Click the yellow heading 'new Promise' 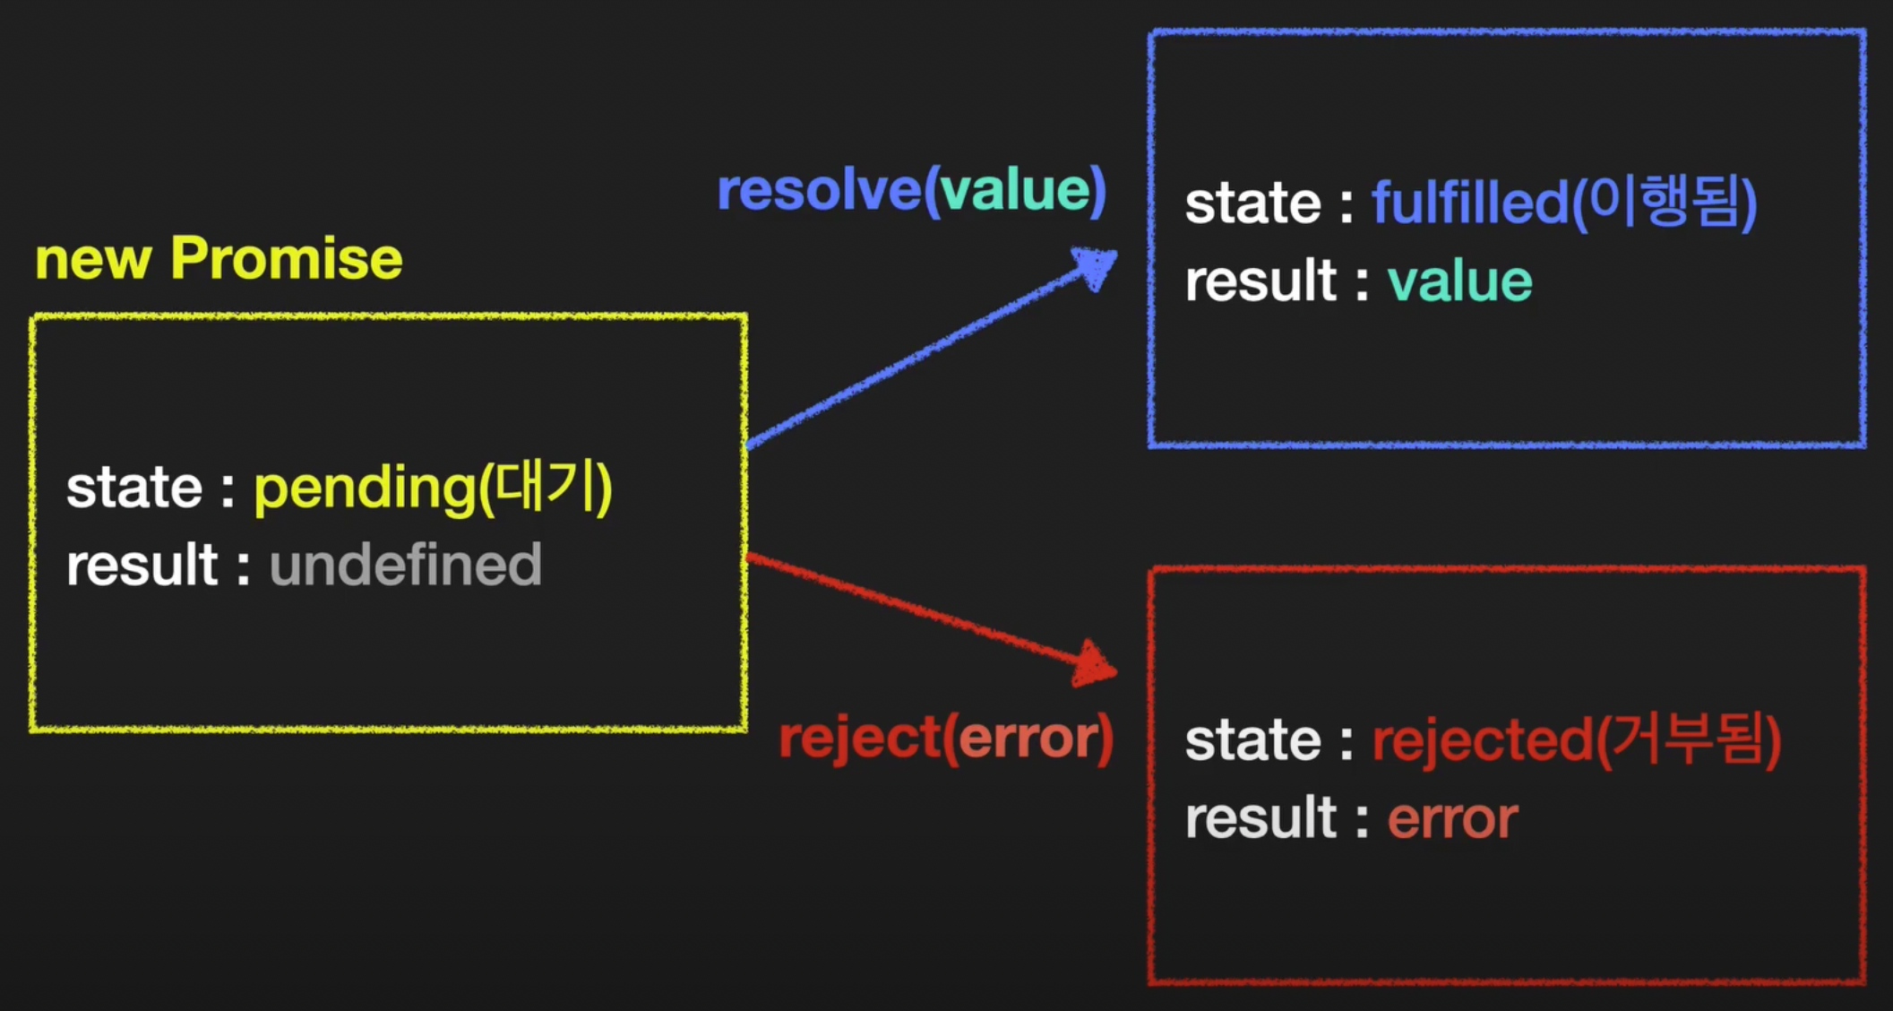pyautogui.click(x=219, y=259)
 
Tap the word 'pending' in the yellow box pyautogui.click(x=365, y=490)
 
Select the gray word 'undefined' pyautogui.click(x=406, y=565)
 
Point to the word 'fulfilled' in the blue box pyautogui.click(x=1469, y=202)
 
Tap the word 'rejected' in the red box pyautogui.click(x=1483, y=742)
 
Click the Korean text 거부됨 pyautogui.click(x=1686, y=739)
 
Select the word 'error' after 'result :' pyautogui.click(x=1452, y=819)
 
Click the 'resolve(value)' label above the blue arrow pyautogui.click(x=912, y=191)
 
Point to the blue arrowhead pyautogui.click(x=1095, y=267)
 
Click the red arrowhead pyautogui.click(x=1094, y=664)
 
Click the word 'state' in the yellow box pyautogui.click(x=134, y=488)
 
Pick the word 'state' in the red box pyautogui.click(x=1253, y=741)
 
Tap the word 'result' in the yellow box pyautogui.click(x=142, y=565)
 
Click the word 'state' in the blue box pyautogui.click(x=1253, y=203)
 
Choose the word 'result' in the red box pyautogui.click(x=1261, y=818)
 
